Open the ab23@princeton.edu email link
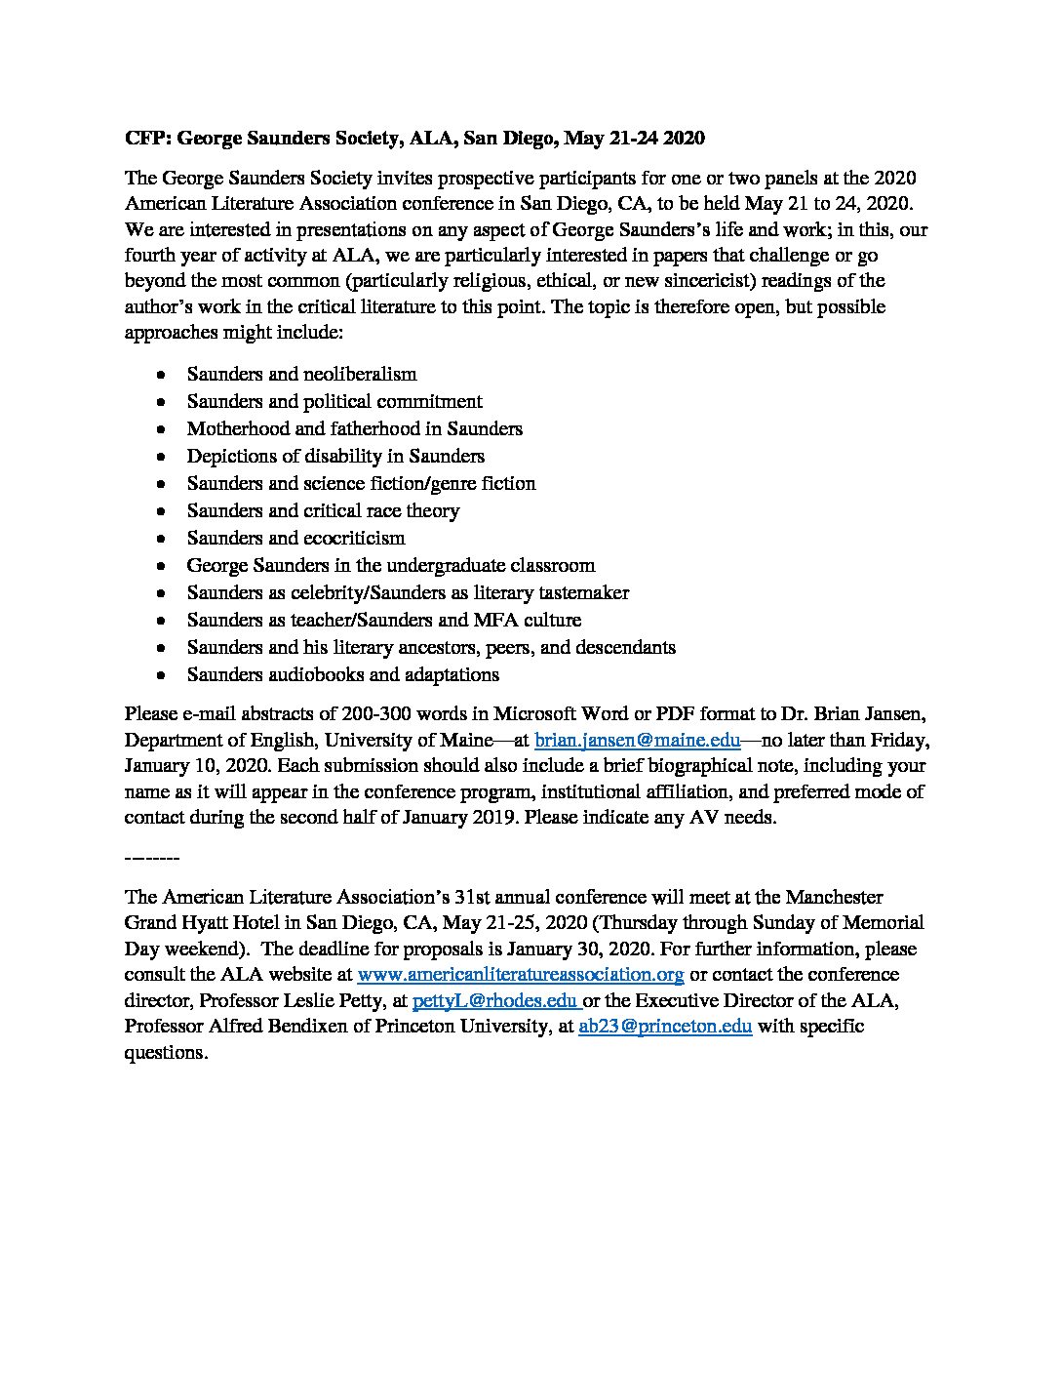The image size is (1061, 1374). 664,1027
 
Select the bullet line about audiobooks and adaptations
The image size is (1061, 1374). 343,674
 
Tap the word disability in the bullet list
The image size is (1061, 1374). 370,456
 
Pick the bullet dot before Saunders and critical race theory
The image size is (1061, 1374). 161,511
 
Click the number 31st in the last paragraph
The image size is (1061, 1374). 532,896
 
